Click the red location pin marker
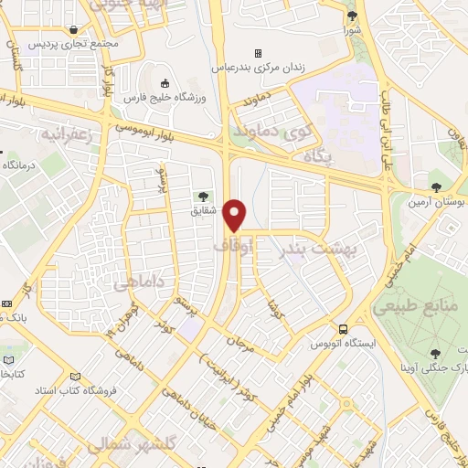point(236,216)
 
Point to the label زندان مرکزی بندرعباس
point(259,67)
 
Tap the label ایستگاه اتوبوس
point(344,343)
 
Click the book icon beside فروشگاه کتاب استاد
point(75,376)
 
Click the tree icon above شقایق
point(203,195)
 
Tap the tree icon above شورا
point(352,16)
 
